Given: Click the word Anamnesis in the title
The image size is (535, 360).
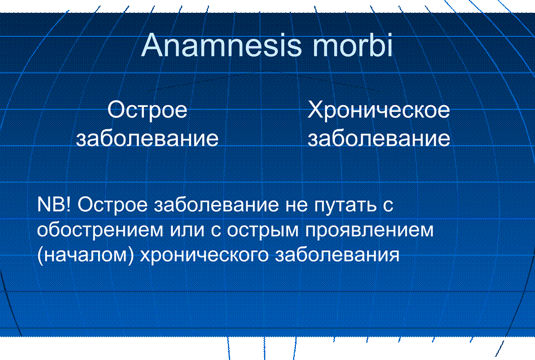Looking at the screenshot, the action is (x=221, y=45).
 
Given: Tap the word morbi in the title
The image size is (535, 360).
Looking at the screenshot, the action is (x=352, y=45).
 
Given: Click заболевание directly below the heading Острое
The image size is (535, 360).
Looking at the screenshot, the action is (x=147, y=139).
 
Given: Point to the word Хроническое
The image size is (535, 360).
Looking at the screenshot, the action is (x=379, y=110).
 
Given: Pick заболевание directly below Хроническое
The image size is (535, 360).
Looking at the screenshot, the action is (x=379, y=139).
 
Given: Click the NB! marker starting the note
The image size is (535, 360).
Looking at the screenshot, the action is (x=54, y=205).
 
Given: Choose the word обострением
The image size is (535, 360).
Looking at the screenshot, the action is (x=100, y=230).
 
